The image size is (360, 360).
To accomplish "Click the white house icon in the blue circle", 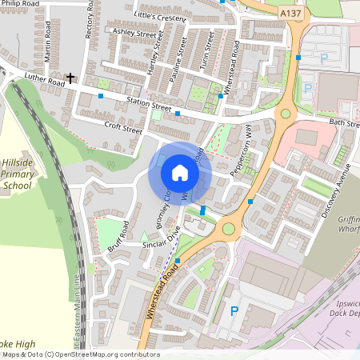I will (x=180, y=173).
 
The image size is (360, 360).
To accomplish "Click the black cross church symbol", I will (x=71, y=78).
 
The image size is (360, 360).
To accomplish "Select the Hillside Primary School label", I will (x=16, y=173).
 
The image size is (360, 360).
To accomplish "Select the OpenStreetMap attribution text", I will (x=80, y=354).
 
